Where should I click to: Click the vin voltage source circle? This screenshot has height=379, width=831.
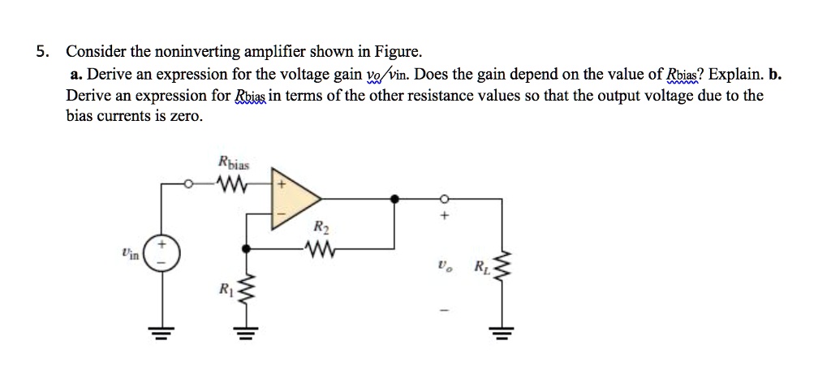tap(162, 253)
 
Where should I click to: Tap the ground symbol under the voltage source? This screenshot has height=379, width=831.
tap(162, 335)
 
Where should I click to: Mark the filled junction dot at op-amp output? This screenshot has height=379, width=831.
tap(394, 197)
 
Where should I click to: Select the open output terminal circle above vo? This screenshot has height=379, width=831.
tap(443, 197)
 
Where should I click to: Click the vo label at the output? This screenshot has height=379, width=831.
tap(441, 265)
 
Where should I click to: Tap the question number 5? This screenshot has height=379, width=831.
tap(41, 53)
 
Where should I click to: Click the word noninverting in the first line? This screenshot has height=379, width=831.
tap(170, 53)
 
